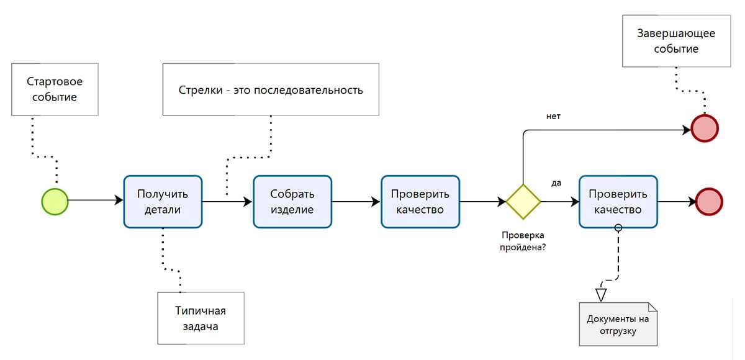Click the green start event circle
point(55,201)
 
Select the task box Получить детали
point(163,201)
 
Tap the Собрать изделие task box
point(292,201)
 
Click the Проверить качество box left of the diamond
point(420,201)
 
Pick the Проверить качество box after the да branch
point(618,201)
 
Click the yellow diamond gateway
point(523,201)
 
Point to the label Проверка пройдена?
point(523,241)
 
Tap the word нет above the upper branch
point(553,116)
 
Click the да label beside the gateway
point(556,182)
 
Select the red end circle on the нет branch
point(704,129)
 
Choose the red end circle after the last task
point(710,201)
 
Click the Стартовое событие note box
point(55,89)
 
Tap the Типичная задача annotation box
point(200,318)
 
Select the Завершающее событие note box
point(675,41)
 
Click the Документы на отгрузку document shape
point(618,324)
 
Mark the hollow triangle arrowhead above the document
point(600,294)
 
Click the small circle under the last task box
point(618,228)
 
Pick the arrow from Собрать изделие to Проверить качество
point(356,201)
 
